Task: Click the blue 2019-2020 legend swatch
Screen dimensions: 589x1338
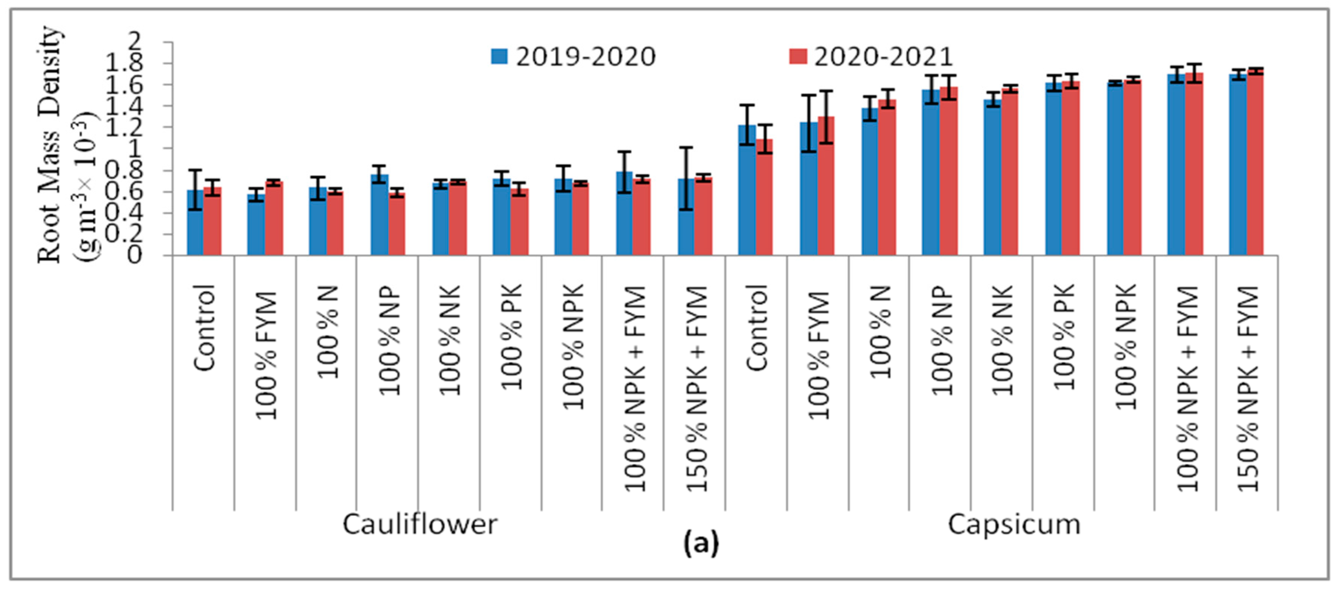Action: point(500,56)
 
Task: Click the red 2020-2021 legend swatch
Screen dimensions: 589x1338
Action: point(798,56)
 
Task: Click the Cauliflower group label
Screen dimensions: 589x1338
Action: point(420,525)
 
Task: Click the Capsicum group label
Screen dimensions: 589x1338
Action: point(1014,525)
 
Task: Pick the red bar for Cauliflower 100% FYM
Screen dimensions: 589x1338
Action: point(274,218)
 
